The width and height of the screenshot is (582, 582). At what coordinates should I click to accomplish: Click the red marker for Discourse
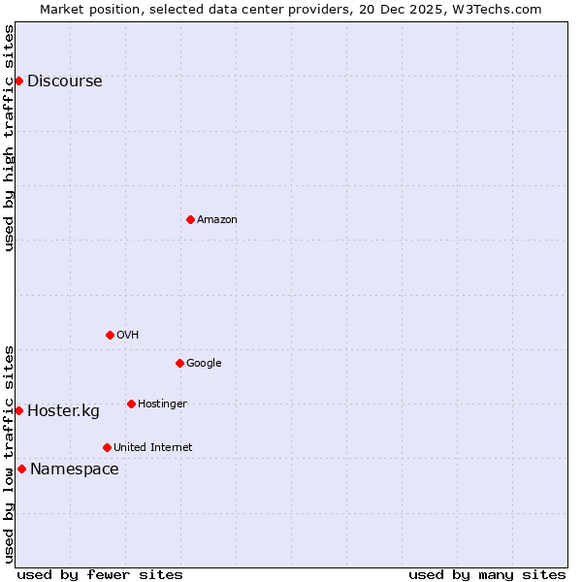[x=18, y=81]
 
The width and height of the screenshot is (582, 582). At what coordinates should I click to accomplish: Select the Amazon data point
[x=190, y=219]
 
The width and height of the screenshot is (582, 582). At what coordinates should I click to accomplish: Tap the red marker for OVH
[x=110, y=335]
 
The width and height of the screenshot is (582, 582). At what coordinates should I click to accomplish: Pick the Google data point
[x=179, y=363]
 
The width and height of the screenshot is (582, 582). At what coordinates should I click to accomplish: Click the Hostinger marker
[x=131, y=404]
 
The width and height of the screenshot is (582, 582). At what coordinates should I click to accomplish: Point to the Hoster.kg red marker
[x=18, y=410]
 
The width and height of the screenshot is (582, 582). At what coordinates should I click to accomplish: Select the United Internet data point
[x=107, y=447]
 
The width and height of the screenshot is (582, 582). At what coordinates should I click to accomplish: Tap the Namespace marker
[x=21, y=469]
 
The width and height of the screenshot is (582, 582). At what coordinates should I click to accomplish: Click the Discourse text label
[x=64, y=81]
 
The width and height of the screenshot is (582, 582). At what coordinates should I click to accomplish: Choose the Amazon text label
[x=217, y=220]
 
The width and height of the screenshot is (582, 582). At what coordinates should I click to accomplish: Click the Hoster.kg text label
[x=63, y=411]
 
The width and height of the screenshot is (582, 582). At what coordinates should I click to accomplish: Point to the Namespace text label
[x=75, y=469]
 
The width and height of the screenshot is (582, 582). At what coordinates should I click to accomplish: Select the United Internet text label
[x=153, y=448]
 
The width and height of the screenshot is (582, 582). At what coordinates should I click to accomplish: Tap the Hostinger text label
[x=162, y=404]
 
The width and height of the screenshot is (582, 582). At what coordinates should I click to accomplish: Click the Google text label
[x=204, y=364]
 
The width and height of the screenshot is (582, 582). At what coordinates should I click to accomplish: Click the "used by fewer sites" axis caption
[x=100, y=575]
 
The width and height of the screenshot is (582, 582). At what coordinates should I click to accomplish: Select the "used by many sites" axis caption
[x=487, y=575]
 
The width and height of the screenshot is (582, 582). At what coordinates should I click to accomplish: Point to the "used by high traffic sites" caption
[x=10, y=138]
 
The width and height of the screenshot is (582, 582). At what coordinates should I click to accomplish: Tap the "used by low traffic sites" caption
[x=10, y=453]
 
